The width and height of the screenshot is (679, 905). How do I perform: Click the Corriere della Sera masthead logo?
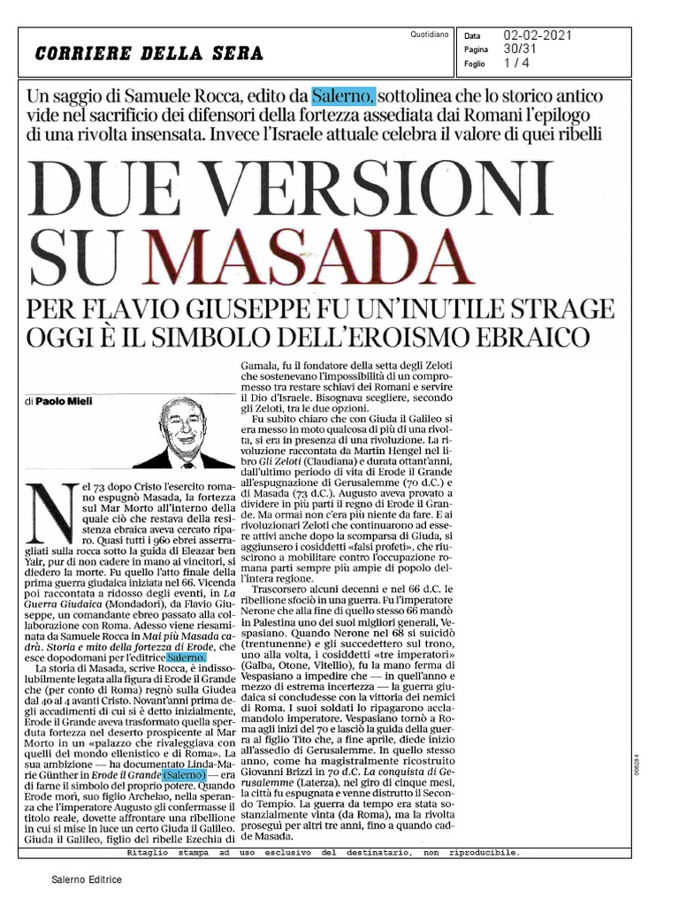(149, 53)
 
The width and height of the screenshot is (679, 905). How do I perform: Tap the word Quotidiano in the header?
(431, 34)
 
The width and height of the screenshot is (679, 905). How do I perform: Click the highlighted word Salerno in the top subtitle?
(345, 95)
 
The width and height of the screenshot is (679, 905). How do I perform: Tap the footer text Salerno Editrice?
(86, 880)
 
